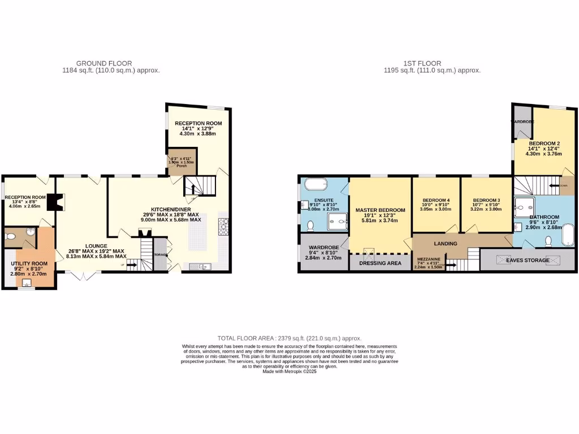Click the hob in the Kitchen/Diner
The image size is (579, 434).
[x=222, y=226]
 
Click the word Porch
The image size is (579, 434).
[x=181, y=166]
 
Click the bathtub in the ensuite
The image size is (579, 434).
[x=316, y=184]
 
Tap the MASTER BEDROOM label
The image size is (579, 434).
[x=380, y=210]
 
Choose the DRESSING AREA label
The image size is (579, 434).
[x=380, y=263]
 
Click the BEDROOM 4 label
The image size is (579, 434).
[x=437, y=200]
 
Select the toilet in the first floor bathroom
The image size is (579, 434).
[x=548, y=241]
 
